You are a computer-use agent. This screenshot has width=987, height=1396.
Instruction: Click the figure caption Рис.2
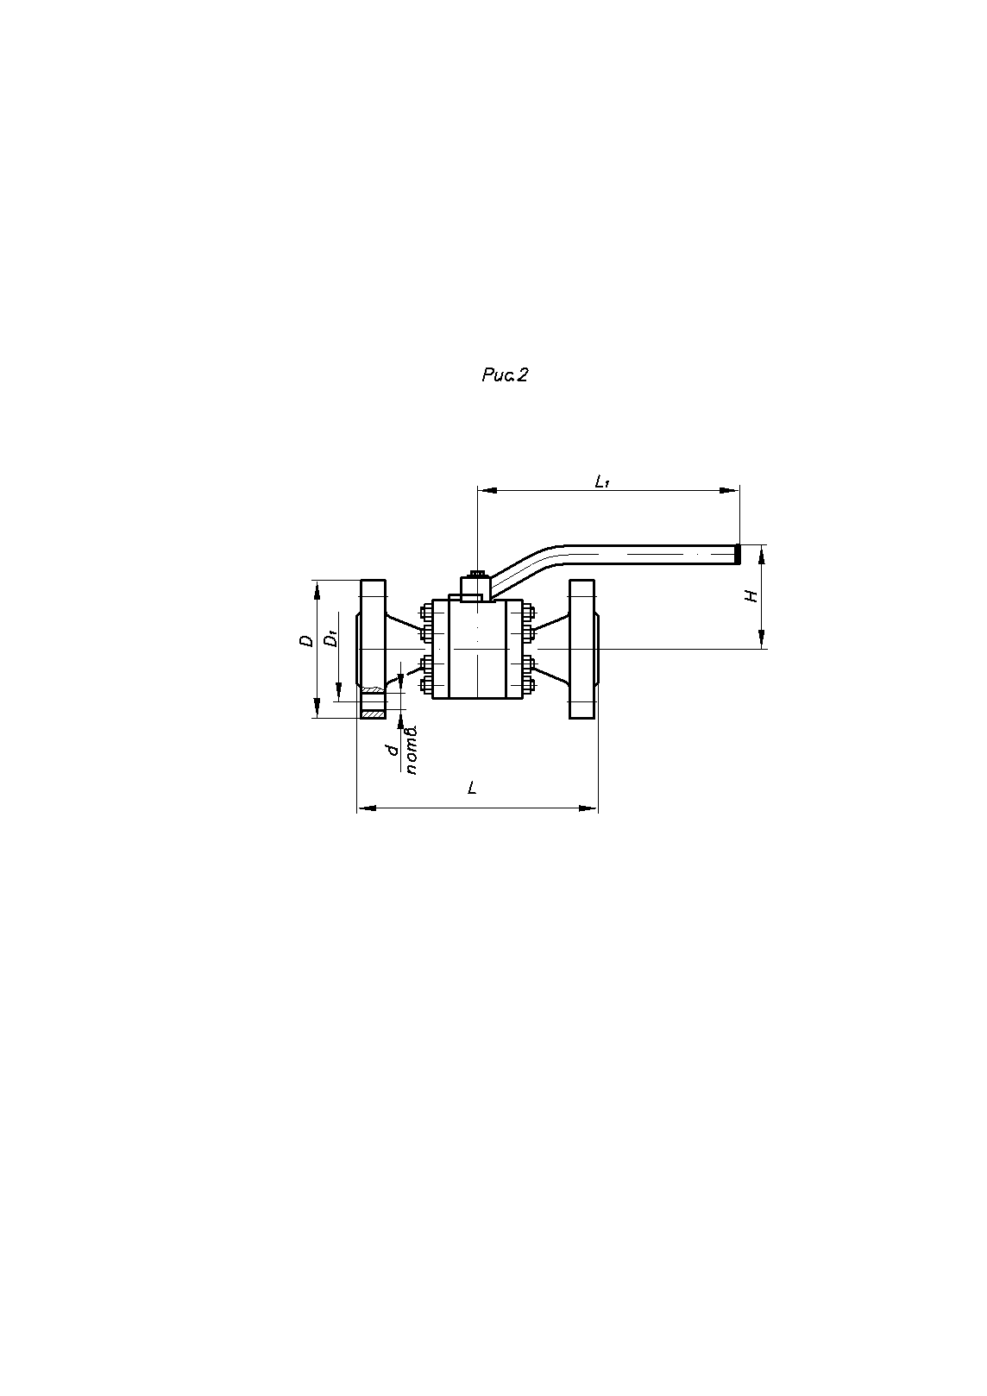click(x=504, y=374)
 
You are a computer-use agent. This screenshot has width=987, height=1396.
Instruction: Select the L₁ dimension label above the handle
click(x=602, y=481)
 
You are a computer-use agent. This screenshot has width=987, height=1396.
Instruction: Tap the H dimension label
click(x=752, y=595)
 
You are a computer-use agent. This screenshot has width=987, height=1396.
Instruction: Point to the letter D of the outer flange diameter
click(x=306, y=640)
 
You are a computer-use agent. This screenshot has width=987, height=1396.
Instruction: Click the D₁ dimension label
click(x=332, y=638)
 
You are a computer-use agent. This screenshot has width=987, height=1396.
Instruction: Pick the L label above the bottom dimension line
click(x=472, y=788)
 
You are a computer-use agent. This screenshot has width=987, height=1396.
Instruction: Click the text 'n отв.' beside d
click(x=411, y=750)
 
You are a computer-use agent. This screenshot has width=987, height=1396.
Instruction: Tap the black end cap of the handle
click(x=738, y=554)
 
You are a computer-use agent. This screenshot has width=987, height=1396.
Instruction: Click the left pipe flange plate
click(x=374, y=649)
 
